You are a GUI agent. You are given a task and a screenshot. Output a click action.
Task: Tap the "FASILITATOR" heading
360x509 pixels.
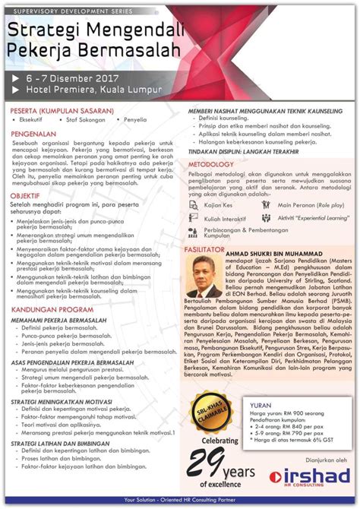click(x=210, y=249)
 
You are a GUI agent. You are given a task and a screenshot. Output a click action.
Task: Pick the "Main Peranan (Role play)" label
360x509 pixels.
click(x=310, y=205)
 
